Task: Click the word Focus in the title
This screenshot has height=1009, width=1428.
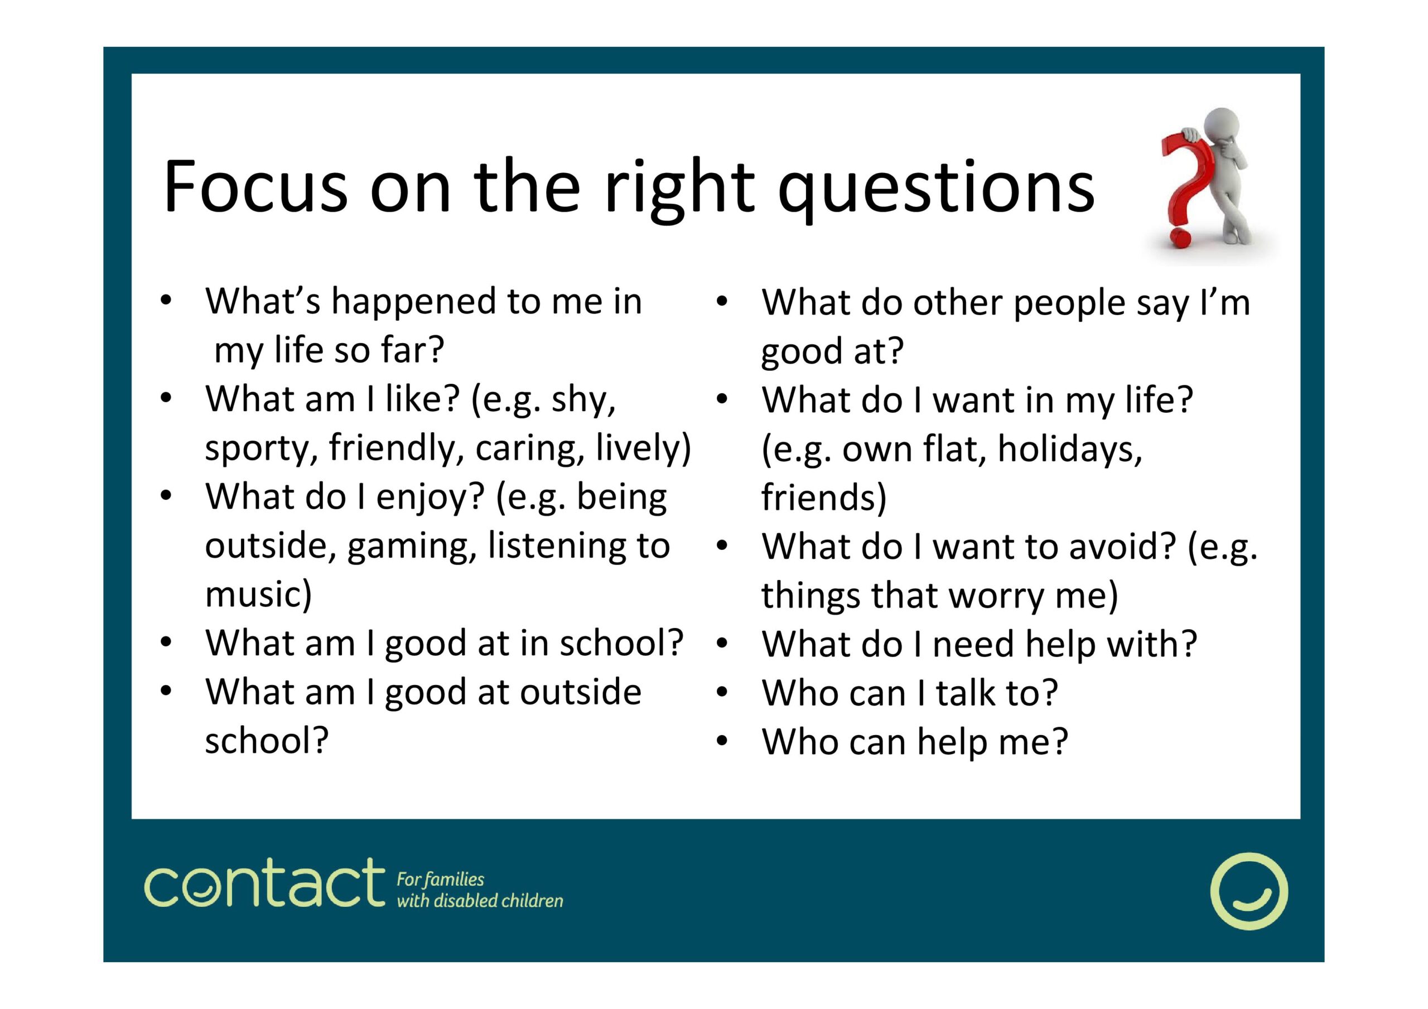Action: [x=255, y=187]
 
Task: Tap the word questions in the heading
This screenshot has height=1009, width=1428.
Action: [x=936, y=189]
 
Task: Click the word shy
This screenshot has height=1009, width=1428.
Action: [x=583, y=400]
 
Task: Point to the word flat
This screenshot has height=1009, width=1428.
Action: [x=954, y=448]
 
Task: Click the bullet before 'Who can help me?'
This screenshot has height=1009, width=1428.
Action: [x=721, y=741]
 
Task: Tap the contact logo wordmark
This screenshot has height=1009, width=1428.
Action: [x=264, y=884]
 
